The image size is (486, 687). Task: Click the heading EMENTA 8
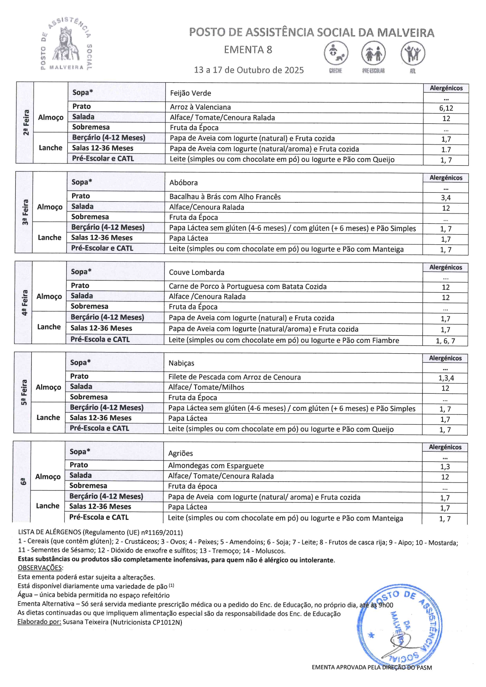pyautogui.click(x=248, y=50)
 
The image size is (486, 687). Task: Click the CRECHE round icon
pyautogui.click(x=336, y=53)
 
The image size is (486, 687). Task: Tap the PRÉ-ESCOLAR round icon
pyautogui.click(x=373, y=53)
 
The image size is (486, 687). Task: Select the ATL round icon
pyautogui.click(x=412, y=53)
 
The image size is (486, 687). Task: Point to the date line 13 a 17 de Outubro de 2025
pyautogui.click(x=248, y=70)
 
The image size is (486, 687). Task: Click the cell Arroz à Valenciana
pyautogui.click(x=200, y=107)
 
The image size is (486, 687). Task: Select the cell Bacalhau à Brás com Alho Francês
pyautogui.click(x=225, y=197)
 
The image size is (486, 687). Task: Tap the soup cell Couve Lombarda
pyautogui.click(x=196, y=272)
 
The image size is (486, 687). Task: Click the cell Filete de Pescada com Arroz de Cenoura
pyautogui.click(x=234, y=377)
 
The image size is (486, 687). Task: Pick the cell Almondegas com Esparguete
pyautogui.click(x=216, y=466)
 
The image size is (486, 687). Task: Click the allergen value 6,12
pyautogui.click(x=446, y=108)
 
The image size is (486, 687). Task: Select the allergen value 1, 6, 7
pyautogui.click(x=445, y=341)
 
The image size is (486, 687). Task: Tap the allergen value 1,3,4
pyautogui.click(x=446, y=378)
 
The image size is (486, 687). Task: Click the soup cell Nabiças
pyautogui.click(x=181, y=363)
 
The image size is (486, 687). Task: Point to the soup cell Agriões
pyautogui.click(x=180, y=453)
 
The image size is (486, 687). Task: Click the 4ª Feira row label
pyautogui.click(x=25, y=303)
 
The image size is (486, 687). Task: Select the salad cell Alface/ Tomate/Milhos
pyautogui.click(x=206, y=387)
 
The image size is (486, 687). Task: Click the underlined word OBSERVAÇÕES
pyautogui.click(x=40, y=568)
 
